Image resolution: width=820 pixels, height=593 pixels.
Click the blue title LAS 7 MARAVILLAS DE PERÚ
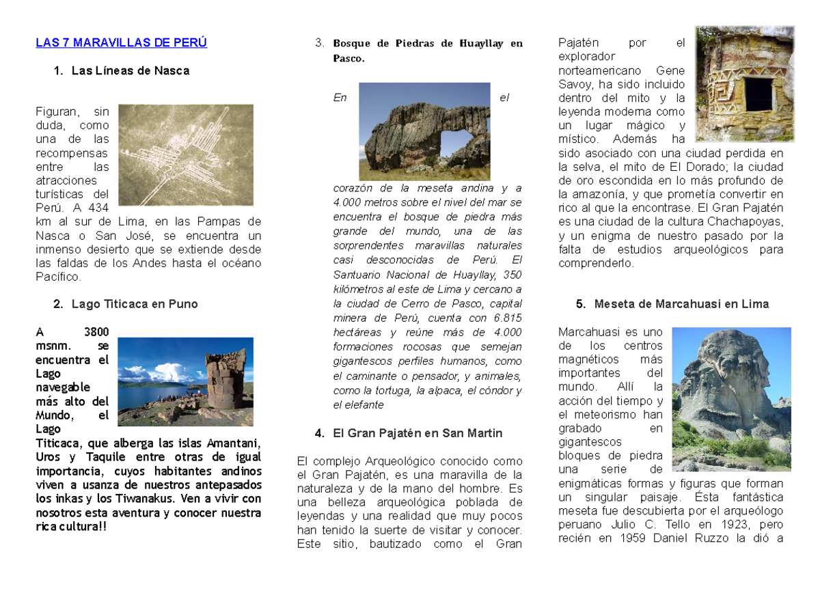pyautogui.click(x=121, y=42)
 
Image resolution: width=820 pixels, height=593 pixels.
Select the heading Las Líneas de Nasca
pyautogui.click(x=130, y=70)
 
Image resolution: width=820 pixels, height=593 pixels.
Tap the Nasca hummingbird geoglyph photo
pyautogui.click(x=186, y=155)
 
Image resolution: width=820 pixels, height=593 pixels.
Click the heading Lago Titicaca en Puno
pyautogui.click(x=135, y=304)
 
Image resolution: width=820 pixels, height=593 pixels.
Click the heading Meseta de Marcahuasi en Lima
pyautogui.click(x=681, y=304)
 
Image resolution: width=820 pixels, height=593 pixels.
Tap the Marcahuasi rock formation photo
pyautogui.click(x=731, y=399)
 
